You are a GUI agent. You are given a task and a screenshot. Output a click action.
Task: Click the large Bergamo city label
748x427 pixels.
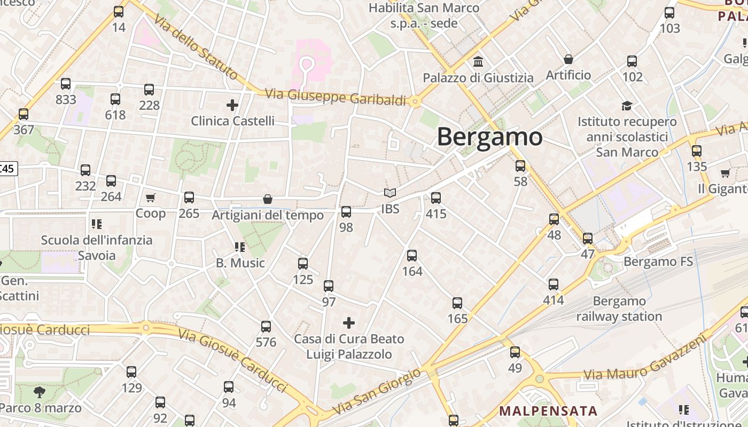click(489, 137)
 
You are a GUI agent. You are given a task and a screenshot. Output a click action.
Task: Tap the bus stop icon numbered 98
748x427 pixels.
click(346, 212)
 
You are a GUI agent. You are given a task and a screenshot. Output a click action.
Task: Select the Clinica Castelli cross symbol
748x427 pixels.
click(232, 105)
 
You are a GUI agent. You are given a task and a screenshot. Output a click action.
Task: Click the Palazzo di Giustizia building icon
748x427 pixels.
click(478, 62)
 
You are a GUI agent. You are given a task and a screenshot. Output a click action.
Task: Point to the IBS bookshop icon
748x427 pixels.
click(390, 193)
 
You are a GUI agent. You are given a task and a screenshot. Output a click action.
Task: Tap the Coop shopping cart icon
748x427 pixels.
click(150, 198)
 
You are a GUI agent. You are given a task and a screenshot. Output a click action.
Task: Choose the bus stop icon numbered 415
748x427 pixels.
click(436, 198)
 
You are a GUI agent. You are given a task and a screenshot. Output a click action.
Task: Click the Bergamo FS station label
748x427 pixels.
click(658, 262)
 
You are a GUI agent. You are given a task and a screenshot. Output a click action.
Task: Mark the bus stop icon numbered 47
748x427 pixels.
click(588, 239)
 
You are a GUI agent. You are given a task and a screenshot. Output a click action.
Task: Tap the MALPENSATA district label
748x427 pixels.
click(548, 411)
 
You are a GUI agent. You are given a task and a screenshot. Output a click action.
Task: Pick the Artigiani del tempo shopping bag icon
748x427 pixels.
click(268, 199)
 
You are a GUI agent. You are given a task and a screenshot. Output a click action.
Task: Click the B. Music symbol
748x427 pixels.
click(240, 247)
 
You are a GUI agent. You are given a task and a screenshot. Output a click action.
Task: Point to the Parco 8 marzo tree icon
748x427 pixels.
click(39, 393)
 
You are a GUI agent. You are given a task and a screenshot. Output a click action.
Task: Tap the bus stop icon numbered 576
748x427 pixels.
click(266, 327)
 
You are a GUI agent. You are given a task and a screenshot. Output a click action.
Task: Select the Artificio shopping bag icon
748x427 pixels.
click(568, 59)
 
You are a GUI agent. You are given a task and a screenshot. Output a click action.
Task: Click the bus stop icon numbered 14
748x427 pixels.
click(119, 12)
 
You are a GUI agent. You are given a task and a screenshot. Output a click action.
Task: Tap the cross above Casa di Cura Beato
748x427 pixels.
click(349, 322)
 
